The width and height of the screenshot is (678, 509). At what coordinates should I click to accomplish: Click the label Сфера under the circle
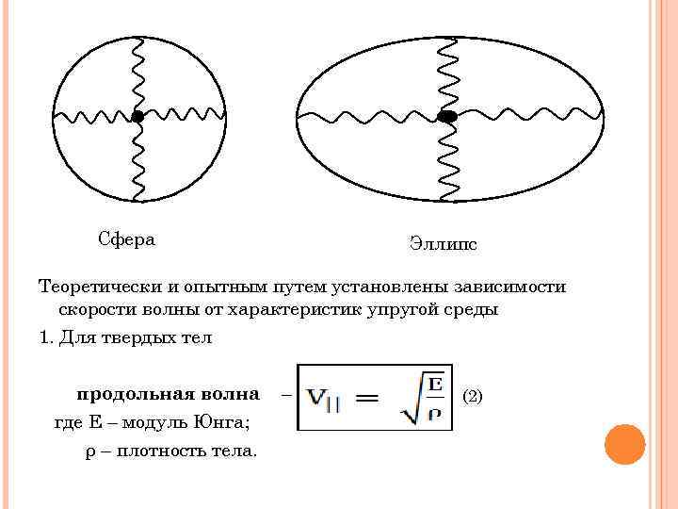pos(127,238)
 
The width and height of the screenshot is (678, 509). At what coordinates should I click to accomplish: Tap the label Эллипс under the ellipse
pos(443,244)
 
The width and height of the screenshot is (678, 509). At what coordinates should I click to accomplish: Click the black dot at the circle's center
pos(137,117)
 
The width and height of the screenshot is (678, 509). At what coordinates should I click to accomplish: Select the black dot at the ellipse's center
pos(447,117)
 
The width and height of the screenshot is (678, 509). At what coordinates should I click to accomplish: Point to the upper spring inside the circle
pos(137,74)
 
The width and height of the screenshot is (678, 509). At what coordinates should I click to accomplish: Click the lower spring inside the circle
pos(137,160)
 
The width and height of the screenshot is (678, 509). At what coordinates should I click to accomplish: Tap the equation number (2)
pos(473,396)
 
